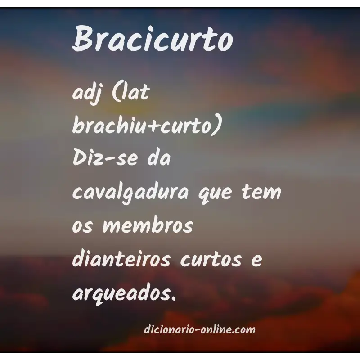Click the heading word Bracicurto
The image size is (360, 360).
[x=153, y=38]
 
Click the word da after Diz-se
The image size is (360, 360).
[x=159, y=160]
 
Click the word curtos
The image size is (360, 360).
[x=216, y=260]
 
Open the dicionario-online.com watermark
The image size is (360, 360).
[x=200, y=330]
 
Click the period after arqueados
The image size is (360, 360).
[x=172, y=298]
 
